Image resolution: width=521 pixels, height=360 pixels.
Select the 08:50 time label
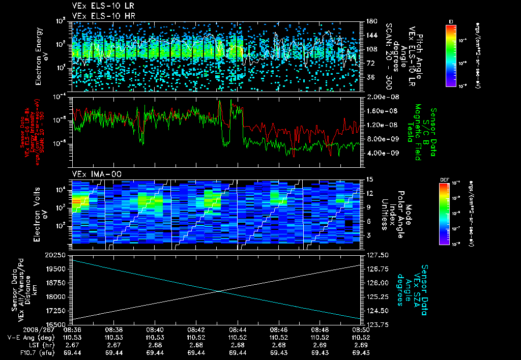coord(361,329)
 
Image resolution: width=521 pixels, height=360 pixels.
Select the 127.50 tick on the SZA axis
coord(375,255)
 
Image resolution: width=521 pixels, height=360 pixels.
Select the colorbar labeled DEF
coord(451,214)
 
